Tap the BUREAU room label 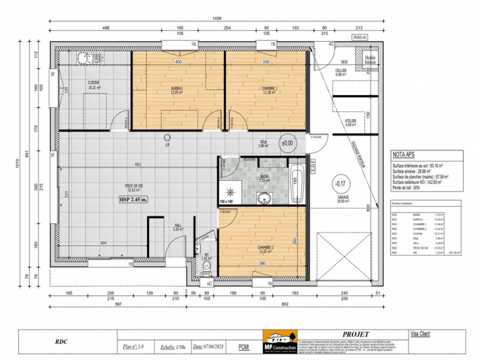[177, 90]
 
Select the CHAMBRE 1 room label [269, 90]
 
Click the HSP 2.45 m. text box [134, 200]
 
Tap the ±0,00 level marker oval [287, 143]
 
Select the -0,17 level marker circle [340, 184]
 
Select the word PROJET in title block [356, 335]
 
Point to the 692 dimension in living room [130, 164]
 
